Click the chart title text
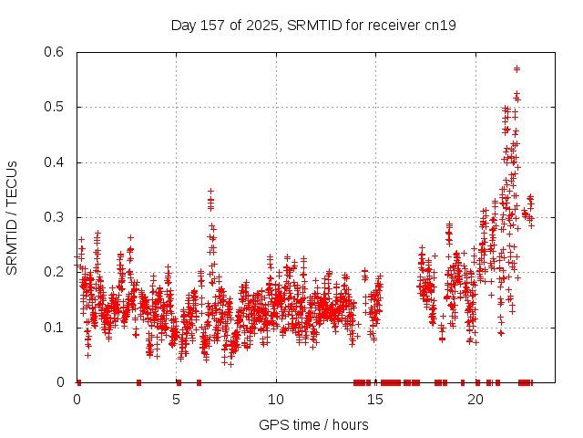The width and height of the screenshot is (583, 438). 313,25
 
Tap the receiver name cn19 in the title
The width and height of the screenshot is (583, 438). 441,25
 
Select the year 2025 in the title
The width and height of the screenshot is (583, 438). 259,25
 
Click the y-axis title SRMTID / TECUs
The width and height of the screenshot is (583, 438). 12,217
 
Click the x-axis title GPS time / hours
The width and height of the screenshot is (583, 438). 313,424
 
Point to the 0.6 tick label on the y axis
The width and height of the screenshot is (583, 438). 53,53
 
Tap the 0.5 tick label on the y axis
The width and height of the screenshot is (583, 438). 53,108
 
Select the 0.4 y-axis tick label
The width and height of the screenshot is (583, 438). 53,162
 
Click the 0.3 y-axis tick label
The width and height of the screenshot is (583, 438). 53,217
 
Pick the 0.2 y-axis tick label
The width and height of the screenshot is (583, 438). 53,273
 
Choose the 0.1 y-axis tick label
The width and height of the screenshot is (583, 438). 53,328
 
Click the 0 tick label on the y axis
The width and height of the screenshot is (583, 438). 61,382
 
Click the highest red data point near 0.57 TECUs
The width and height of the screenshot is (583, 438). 517,68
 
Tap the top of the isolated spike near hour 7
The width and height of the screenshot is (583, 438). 210,192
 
